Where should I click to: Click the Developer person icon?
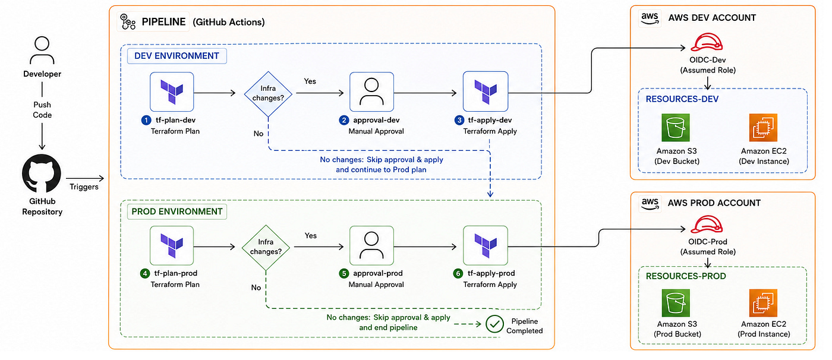click(42, 50)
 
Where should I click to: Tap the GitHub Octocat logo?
click(42, 173)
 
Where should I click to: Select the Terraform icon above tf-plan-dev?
click(172, 92)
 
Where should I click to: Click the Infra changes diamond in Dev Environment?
click(268, 94)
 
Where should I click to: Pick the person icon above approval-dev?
click(371, 92)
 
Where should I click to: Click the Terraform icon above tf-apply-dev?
click(486, 91)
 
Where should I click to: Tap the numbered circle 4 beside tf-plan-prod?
click(145, 273)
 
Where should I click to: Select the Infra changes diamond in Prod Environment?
click(266, 248)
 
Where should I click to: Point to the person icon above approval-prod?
click(371, 246)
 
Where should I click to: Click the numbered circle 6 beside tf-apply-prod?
click(458, 273)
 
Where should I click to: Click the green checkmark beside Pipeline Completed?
click(494, 324)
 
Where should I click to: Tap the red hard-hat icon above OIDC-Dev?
click(707, 42)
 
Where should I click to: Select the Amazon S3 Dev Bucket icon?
click(676, 128)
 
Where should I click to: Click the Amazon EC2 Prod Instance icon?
click(763, 303)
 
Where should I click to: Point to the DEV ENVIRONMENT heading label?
click(177, 56)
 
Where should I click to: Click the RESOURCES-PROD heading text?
click(686, 276)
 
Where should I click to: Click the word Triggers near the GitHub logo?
click(84, 187)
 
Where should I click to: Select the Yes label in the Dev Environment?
click(310, 81)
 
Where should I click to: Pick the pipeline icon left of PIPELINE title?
click(128, 21)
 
